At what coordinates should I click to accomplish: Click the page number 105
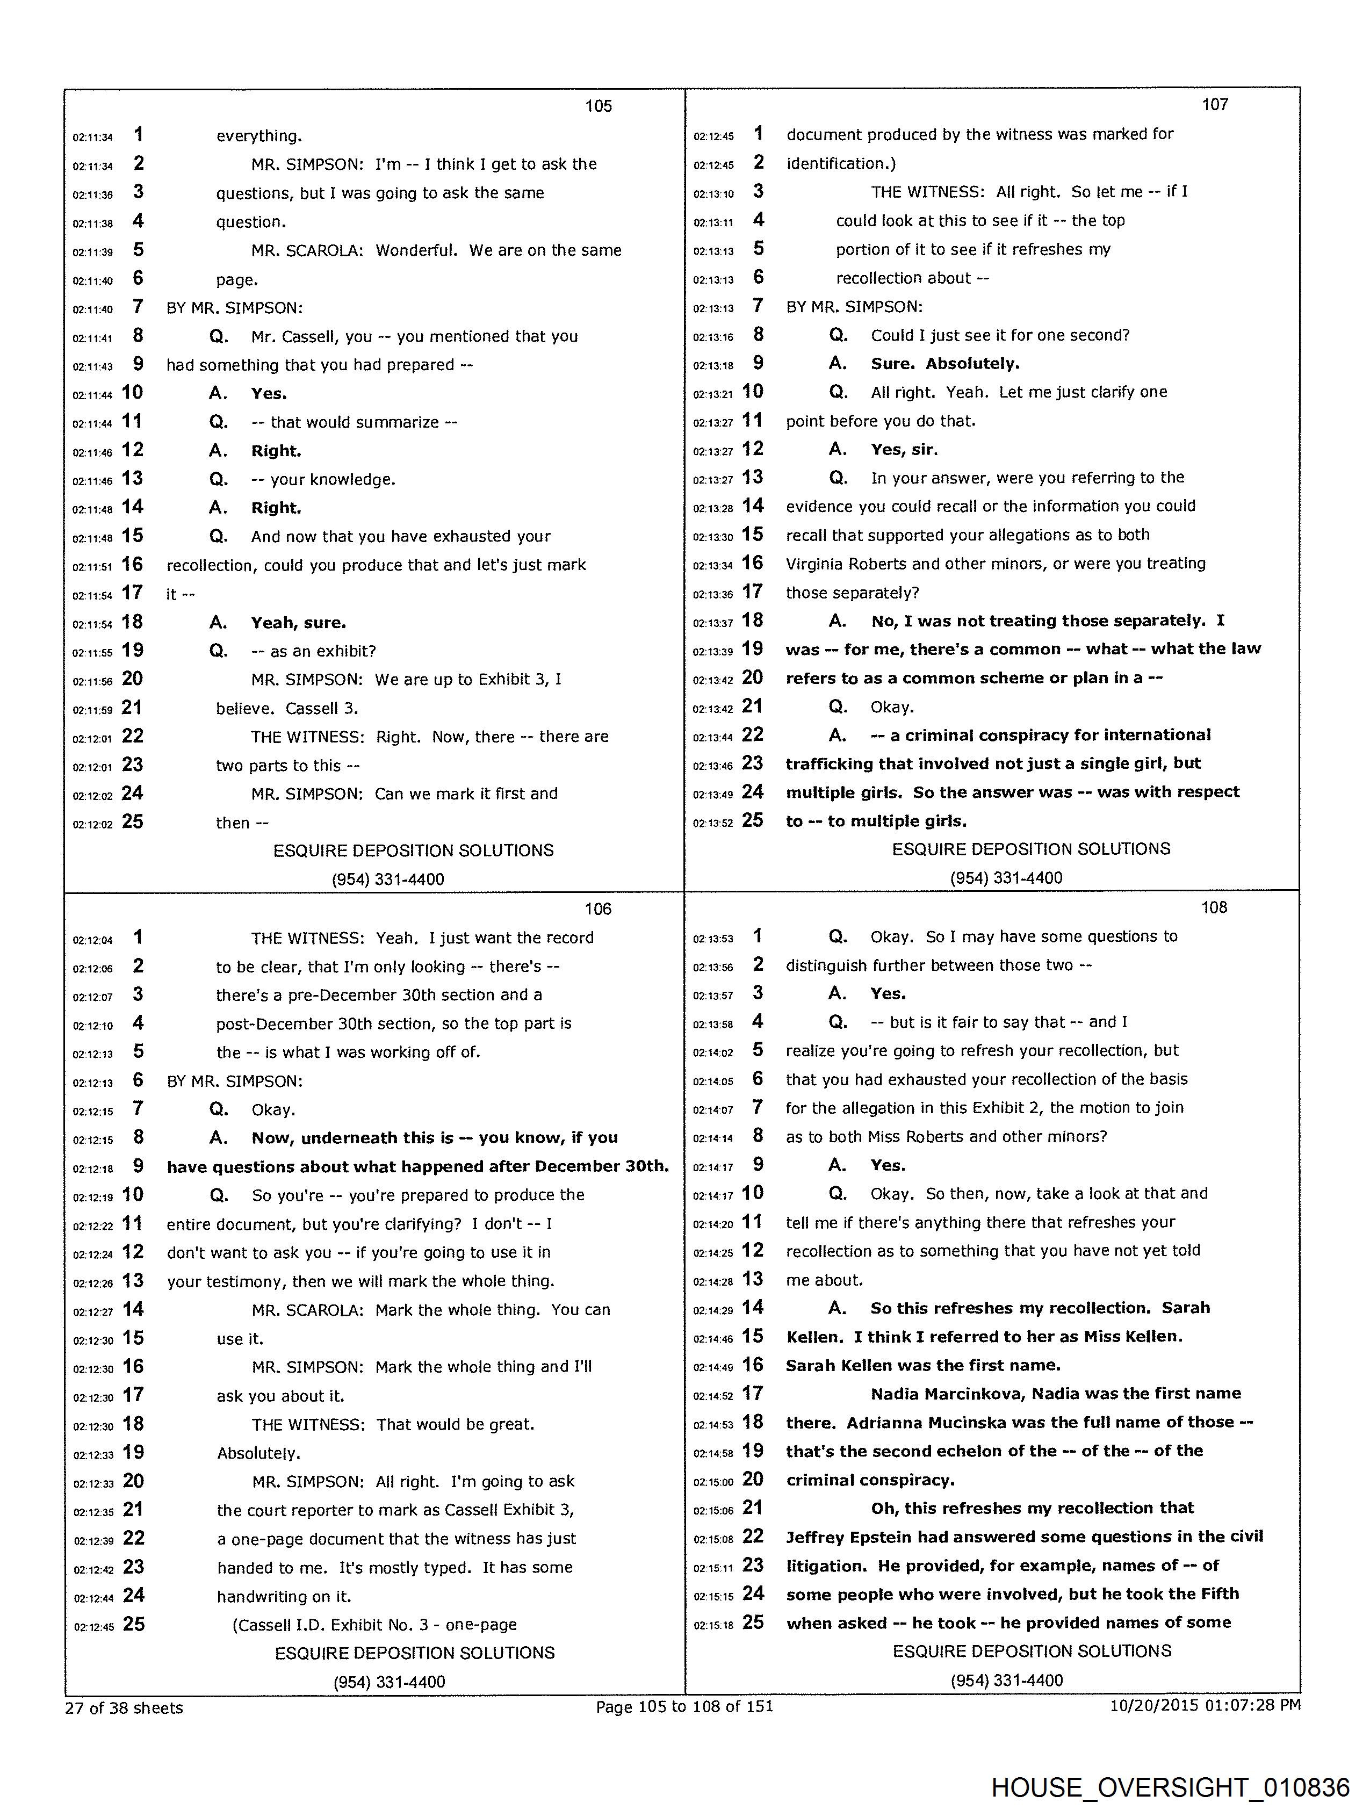point(599,105)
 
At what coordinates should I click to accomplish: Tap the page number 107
point(1215,104)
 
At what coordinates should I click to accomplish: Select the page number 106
point(599,908)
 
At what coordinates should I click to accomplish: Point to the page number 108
point(1214,907)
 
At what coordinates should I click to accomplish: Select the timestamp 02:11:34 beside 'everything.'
point(92,138)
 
